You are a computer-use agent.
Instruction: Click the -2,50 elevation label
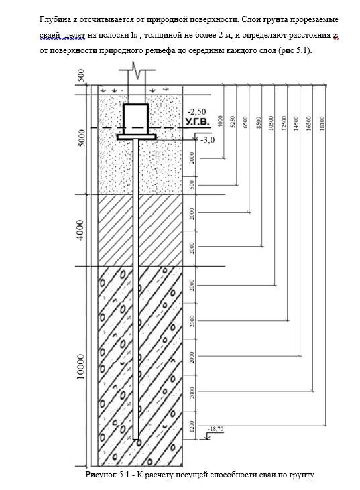click(196, 112)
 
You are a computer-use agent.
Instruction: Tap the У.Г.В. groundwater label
click(198, 122)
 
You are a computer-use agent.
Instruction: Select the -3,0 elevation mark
click(207, 140)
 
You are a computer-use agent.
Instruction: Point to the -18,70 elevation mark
click(215, 429)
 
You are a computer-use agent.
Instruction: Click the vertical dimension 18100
click(322, 123)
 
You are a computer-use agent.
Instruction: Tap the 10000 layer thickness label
click(81, 367)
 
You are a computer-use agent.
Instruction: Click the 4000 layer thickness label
click(81, 230)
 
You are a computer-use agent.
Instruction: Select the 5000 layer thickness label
click(81, 139)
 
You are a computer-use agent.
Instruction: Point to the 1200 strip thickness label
click(192, 426)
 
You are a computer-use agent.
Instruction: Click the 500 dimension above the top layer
click(81, 75)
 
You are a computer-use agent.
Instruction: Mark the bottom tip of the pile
click(135, 439)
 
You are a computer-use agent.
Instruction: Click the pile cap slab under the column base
click(136, 137)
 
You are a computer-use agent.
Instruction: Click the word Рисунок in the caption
click(101, 475)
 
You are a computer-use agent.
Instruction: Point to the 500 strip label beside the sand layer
click(192, 184)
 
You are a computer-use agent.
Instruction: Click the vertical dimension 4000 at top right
click(220, 121)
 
